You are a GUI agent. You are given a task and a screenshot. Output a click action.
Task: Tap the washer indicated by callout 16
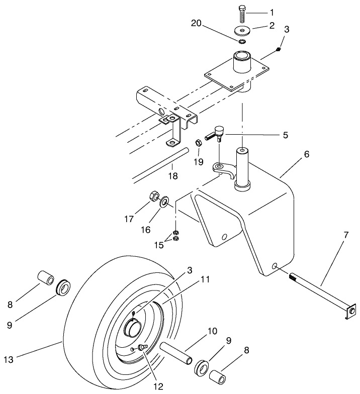pyautogui.click(x=164, y=203)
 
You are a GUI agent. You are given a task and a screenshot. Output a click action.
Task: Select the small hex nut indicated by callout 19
pyautogui.click(x=199, y=143)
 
